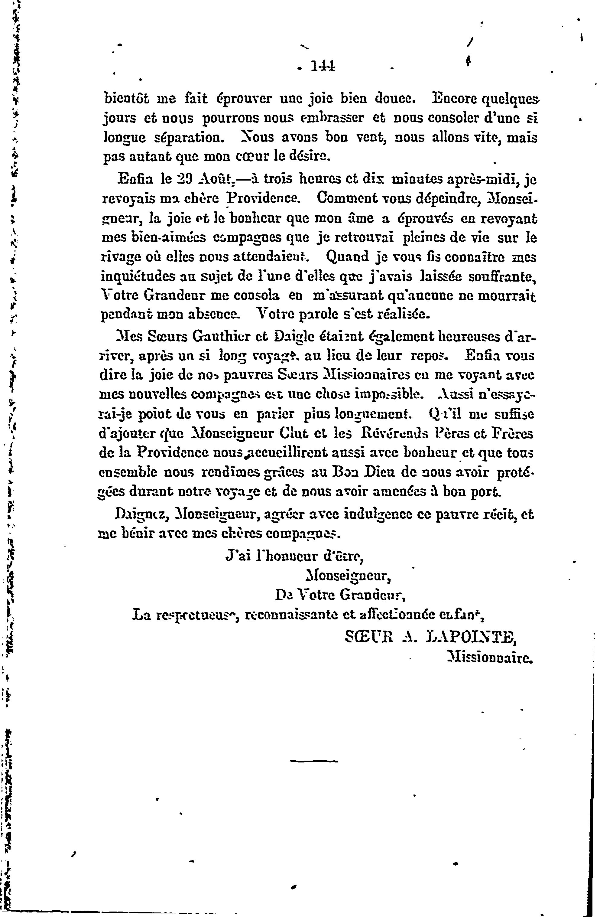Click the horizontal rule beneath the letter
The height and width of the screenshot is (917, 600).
point(313,761)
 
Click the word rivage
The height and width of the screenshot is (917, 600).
point(121,257)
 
